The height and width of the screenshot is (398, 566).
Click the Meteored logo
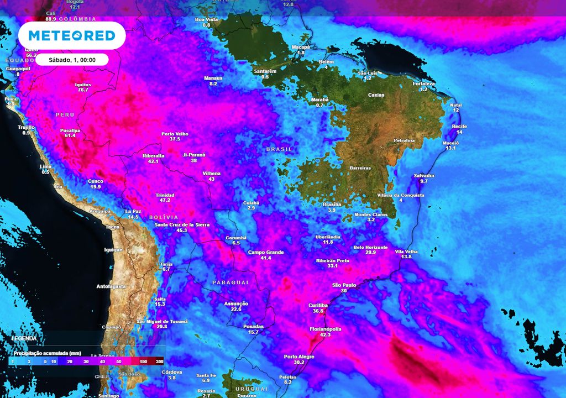coord(72,36)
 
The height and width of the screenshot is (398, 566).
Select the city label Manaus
coord(213,78)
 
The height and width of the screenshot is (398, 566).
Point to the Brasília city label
coord(332,205)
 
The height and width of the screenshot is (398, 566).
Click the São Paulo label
coord(344,285)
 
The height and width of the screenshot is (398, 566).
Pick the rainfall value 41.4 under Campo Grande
coord(266,258)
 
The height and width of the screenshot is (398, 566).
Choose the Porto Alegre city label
coord(299,357)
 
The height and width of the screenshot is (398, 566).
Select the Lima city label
coord(46,166)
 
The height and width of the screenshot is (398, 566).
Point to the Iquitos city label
coord(83,85)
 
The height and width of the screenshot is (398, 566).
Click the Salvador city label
coord(424,176)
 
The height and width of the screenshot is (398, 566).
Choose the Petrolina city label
coord(403,140)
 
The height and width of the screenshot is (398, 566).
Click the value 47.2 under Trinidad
coord(165,201)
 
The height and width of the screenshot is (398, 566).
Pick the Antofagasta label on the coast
coord(111,286)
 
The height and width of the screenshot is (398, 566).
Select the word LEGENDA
coord(24,338)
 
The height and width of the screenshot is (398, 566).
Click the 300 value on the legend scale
coord(159,361)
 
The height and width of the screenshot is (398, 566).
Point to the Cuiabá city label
coord(251,203)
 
